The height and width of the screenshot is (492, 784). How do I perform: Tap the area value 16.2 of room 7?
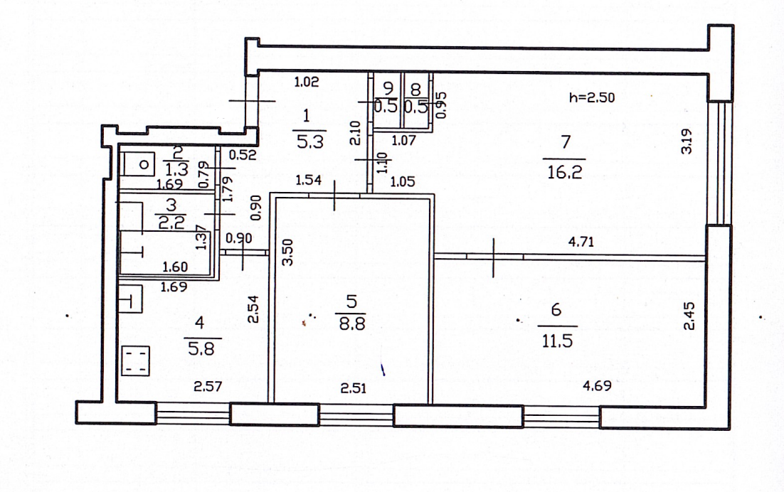[x=564, y=171]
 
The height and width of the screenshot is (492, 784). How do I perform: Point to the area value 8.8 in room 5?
[x=351, y=326]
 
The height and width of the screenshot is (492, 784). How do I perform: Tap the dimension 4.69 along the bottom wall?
[x=597, y=388]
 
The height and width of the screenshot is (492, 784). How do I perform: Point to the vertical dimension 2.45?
[x=687, y=316]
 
